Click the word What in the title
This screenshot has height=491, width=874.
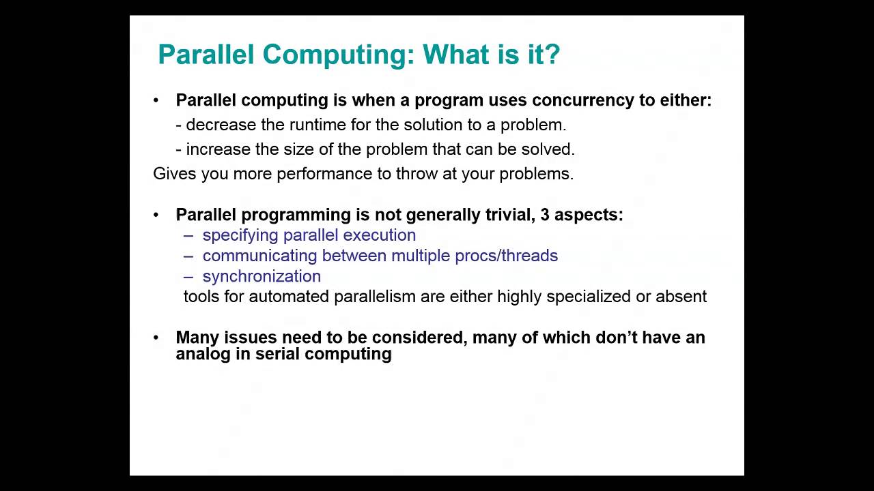pyautogui.click(x=456, y=54)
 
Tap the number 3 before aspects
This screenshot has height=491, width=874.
pyautogui.click(x=545, y=215)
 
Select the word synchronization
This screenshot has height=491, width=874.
pyautogui.click(x=262, y=276)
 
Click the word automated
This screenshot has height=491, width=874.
pyautogui.click(x=290, y=297)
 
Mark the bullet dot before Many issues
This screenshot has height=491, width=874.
pyautogui.click(x=156, y=338)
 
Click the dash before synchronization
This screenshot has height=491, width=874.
pyautogui.click(x=188, y=276)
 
